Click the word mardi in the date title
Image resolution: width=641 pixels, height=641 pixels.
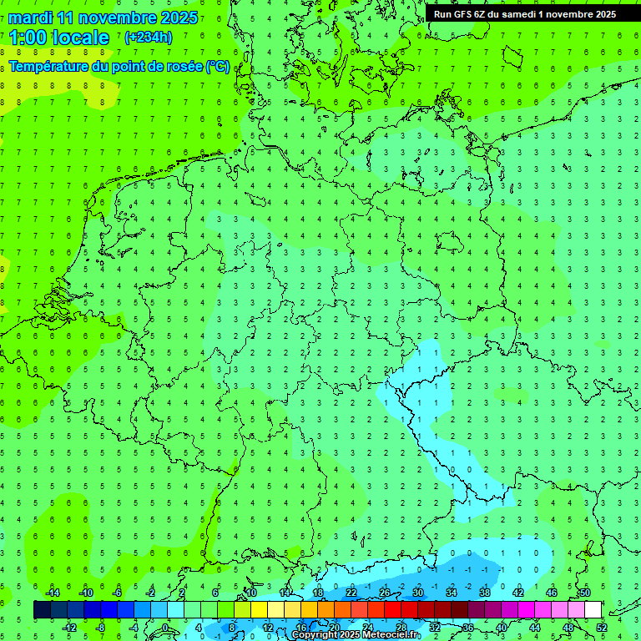[x=30, y=18]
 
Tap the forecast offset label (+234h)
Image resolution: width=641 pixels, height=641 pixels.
[x=149, y=37]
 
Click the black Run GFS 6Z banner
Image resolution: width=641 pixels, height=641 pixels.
[x=525, y=14]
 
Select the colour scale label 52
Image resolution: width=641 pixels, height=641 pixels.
[x=602, y=628]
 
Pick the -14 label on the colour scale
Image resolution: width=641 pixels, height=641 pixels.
[x=52, y=593]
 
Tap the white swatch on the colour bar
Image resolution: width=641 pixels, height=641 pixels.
[x=593, y=610]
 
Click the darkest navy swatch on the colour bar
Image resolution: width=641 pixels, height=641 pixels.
[x=42, y=610]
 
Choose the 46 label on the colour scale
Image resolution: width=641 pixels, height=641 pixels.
[x=552, y=593]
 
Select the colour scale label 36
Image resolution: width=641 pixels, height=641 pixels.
[x=468, y=628]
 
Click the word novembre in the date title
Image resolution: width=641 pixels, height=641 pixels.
[x=105, y=18]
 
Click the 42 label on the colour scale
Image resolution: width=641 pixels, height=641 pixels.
[x=518, y=593]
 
